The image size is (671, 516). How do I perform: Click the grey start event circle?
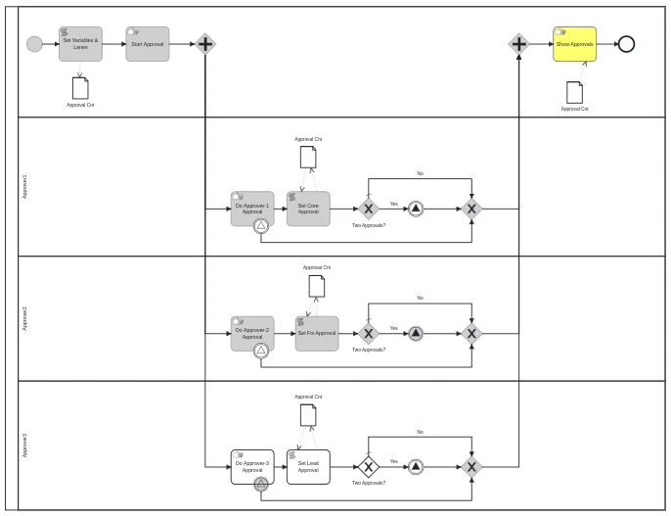coord(34,44)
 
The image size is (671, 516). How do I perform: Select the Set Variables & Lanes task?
coord(80,44)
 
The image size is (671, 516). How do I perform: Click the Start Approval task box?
coord(147,44)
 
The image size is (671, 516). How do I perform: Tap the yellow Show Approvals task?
coord(574,44)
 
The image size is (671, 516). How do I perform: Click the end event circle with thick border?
coord(626,44)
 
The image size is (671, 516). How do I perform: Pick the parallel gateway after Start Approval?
coord(204,44)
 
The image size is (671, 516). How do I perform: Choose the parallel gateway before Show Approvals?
coord(518,44)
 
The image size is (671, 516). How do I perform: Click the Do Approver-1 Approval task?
coord(252,208)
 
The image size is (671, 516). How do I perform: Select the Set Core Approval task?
coord(308,208)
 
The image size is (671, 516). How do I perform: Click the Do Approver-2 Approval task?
coord(252,333)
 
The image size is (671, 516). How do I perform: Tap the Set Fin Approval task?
coord(316,333)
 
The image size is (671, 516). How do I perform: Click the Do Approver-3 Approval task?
coord(252,466)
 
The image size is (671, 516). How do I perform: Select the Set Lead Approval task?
coord(308,466)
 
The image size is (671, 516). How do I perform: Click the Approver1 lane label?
coord(25,186)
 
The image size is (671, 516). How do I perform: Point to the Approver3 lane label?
coord(25,445)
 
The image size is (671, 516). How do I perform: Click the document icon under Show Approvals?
coord(574,92)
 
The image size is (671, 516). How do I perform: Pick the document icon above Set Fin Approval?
coord(316,286)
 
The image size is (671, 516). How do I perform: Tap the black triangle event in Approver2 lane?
coord(416,333)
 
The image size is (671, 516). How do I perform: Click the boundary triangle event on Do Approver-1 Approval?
coord(261,226)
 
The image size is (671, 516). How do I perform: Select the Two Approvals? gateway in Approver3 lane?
coord(368,466)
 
